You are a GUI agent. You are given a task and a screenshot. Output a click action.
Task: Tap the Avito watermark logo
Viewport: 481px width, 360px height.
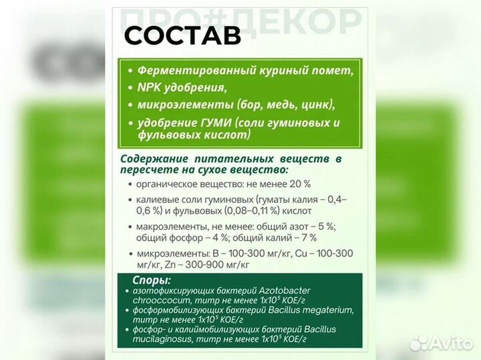(x=441, y=343)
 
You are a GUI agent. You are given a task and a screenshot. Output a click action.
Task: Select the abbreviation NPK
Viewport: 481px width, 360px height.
(x=150, y=87)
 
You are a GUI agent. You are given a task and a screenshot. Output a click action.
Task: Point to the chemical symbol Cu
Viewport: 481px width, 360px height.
(x=289, y=254)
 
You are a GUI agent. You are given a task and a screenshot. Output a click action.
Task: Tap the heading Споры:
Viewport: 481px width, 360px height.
(x=152, y=280)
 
